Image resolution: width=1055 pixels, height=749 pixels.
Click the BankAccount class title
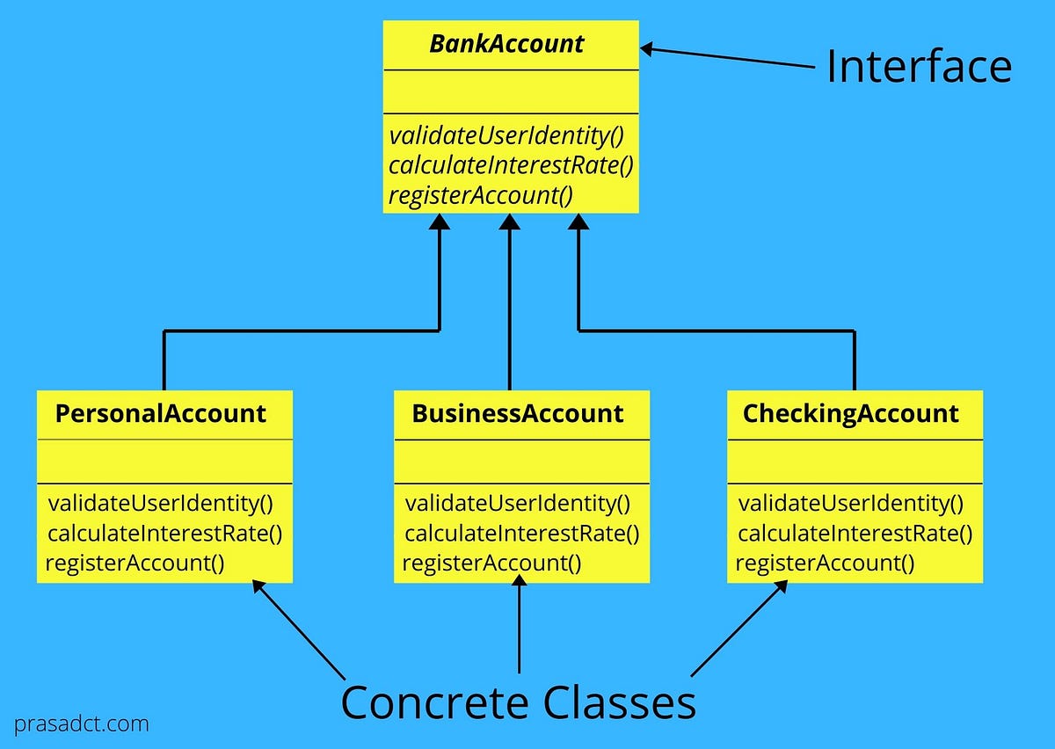[x=506, y=45]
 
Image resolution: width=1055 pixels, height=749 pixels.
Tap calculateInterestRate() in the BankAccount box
[x=511, y=165]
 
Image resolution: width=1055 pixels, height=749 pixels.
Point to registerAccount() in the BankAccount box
[x=480, y=194]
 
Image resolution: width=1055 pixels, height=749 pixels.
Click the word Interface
[x=919, y=67]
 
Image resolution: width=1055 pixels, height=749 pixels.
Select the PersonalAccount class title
[x=161, y=413]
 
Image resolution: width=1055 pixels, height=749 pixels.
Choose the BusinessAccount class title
[x=518, y=413]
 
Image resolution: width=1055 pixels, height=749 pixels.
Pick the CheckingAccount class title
[x=851, y=413]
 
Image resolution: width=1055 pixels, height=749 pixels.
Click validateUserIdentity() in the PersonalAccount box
[x=161, y=504]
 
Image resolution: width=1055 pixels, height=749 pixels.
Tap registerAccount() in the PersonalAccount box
[x=135, y=563]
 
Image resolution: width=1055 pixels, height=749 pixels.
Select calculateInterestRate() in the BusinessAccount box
[x=521, y=534]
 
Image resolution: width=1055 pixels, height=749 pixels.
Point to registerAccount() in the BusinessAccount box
[x=491, y=563]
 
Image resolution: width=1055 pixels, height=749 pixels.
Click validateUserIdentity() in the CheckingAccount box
[x=850, y=504]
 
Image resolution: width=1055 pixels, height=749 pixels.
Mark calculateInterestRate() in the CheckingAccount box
[x=855, y=534]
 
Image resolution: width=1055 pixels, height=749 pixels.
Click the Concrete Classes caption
[x=518, y=702]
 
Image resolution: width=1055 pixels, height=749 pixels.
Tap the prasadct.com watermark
[x=81, y=725]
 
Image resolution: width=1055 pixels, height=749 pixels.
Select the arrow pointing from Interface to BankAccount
[x=730, y=57]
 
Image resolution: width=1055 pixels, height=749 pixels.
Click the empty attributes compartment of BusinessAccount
[x=521, y=462]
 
